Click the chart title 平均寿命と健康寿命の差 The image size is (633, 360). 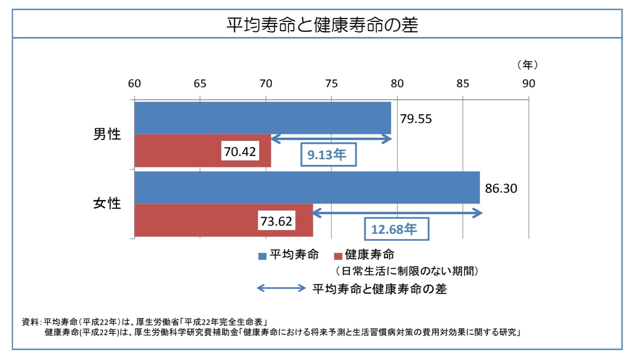[322, 25]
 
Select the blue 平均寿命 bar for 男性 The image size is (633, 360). [262, 118]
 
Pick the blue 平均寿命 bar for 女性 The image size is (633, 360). [307, 187]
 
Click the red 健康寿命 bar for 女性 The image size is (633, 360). [196, 220]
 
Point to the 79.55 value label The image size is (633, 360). [415, 119]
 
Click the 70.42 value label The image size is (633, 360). [240, 151]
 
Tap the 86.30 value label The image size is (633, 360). [501, 189]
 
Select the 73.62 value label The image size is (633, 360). [276, 221]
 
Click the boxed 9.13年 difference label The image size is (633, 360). [328, 155]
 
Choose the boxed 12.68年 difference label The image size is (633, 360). [396, 229]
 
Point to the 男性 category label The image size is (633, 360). [107, 134]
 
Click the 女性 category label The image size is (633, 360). [107, 203]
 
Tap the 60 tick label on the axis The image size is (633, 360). [134, 83]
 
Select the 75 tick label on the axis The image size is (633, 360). [332, 83]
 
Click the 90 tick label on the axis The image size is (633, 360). [529, 83]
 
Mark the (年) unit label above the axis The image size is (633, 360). [527, 65]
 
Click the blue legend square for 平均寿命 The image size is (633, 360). [262, 256]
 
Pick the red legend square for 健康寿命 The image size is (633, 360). [338, 256]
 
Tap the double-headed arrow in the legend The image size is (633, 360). [281, 288]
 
